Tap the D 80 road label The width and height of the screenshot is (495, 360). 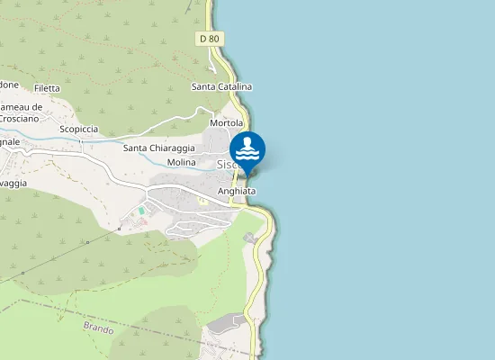point(209,39)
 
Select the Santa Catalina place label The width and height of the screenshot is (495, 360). point(222,86)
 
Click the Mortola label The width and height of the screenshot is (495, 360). point(227,122)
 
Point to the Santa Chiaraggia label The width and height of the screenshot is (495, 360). point(159,148)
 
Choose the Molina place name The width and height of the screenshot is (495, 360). point(182,162)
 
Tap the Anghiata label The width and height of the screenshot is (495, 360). point(237,192)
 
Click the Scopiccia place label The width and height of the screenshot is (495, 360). point(78,130)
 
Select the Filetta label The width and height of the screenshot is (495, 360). point(46,88)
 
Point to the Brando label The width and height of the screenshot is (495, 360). point(98,328)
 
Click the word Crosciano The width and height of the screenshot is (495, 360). point(19,118)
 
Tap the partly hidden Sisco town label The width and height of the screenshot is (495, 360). point(226,165)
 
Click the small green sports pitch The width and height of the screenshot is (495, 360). point(141,211)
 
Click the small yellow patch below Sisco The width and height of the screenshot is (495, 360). point(202,201)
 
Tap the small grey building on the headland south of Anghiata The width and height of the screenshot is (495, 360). point(248,237)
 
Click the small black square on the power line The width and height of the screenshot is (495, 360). point(119,229)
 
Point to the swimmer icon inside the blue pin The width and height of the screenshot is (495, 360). point(247,147)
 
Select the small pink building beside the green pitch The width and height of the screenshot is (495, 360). point(141,220)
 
